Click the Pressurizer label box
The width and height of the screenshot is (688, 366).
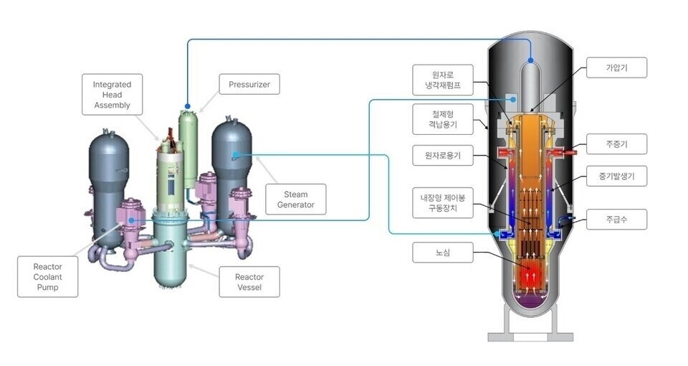coord(249,85)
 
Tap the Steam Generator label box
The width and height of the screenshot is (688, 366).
coord(295,199)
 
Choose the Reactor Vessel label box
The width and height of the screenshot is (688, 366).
coord(249,282)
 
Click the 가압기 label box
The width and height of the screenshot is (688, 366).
coord(616,68)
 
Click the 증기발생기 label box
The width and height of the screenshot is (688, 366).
coord(616,175)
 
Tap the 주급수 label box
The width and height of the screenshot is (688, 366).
coord(616,219)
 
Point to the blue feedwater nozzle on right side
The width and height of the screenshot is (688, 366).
coord(563,220)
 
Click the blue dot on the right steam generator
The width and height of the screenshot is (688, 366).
coord(235,154)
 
